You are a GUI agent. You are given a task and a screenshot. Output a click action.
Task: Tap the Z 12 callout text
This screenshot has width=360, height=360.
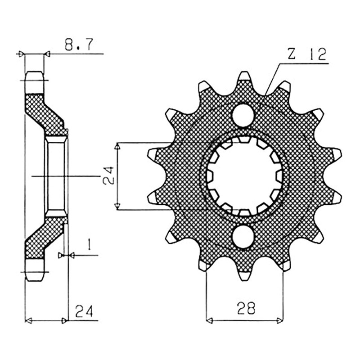pos(307,54)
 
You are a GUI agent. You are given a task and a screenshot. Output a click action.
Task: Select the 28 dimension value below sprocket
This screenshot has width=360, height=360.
pos(246,308)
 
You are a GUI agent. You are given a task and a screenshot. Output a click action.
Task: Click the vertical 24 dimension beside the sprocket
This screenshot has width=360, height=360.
pos(108,175)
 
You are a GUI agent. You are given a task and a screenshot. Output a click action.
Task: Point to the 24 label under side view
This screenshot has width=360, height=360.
pos(84,311)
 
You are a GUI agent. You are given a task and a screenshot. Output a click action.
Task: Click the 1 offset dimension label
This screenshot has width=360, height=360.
pos(90,245)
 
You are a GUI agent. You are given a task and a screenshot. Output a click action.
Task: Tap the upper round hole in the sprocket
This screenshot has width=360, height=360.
pos(243,115)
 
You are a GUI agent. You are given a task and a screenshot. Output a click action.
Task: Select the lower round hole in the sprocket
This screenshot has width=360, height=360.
pos(243,237)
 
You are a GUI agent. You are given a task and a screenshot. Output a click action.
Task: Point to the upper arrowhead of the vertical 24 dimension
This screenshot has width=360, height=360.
pos(117,145)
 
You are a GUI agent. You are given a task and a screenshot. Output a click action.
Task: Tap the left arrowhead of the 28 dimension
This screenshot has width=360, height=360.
pos(209,320)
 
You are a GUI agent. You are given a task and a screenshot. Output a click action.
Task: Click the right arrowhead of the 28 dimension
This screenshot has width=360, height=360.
pos(280,320)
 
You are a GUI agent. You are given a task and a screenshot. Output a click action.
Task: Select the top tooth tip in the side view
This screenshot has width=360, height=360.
pos(35,72)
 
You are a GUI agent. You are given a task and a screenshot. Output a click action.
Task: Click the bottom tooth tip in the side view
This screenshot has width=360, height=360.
pos(35,281)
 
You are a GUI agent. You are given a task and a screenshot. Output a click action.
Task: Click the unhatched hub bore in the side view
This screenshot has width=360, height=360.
pos(56,176)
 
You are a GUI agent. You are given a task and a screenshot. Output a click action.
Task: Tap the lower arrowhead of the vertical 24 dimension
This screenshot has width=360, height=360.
pos(117,207)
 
